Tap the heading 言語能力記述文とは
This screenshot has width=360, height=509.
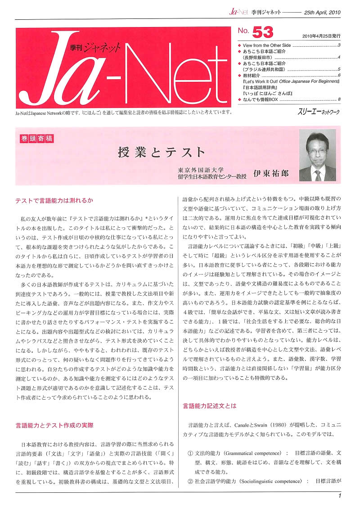(x=209, y=405)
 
